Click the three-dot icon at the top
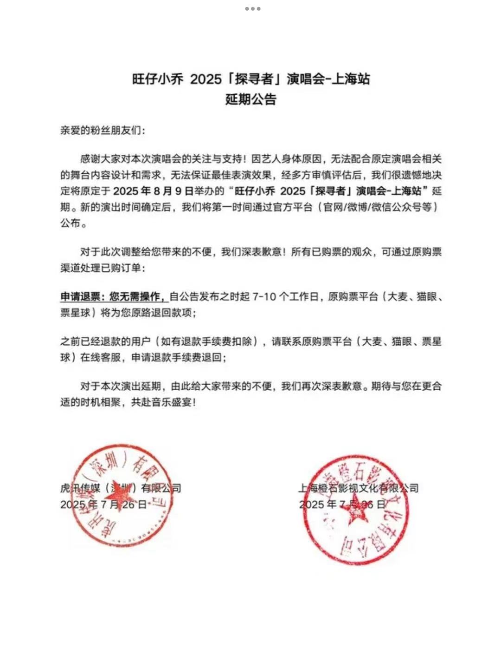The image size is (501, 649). coord(252,9)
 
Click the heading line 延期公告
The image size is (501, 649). coord(250,99)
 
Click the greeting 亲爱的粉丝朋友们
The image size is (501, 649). coord(103,130)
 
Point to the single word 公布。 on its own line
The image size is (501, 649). coord(74,223)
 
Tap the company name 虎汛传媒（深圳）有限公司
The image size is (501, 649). coord(121,488)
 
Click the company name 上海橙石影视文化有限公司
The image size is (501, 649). coord(358,488)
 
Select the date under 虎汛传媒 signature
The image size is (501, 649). coord(103,505)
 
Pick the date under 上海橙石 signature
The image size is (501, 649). coord(342,505)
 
